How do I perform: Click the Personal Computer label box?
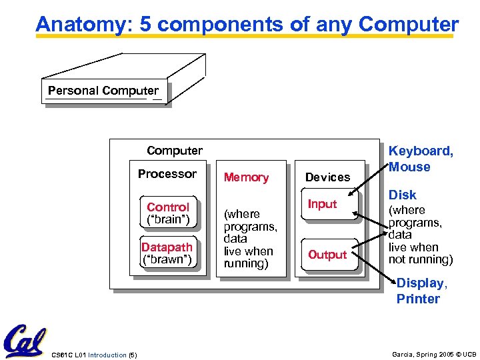coord(103,91)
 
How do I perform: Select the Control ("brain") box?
coord(168,213)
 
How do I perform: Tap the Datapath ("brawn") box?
coord(168,253)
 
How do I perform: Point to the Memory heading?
coord(246,177)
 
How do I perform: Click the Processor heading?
coord(167,174)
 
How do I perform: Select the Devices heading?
coord(327,177)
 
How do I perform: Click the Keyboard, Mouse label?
coord(420,159)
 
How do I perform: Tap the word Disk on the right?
coord(403,195)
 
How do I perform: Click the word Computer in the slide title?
coord(409,25)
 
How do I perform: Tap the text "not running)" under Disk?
coord(421,259)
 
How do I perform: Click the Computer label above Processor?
coord(175,151)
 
